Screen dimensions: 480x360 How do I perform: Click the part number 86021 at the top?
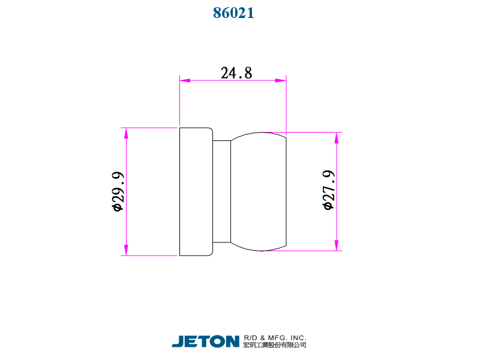click(233, 13)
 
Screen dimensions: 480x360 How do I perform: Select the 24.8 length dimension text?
click(236, 73)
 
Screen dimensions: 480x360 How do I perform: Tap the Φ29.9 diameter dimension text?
click(118, 191)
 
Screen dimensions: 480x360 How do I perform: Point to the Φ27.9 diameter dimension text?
click(329, 190)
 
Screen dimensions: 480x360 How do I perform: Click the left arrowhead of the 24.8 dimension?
click(185, 80)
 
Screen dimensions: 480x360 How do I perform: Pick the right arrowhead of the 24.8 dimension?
click(281, 80)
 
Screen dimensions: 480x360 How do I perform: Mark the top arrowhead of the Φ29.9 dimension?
click(126, 133)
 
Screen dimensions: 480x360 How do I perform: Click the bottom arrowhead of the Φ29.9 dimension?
click(126, 250)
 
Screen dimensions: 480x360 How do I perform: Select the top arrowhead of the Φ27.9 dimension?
click(337, 138)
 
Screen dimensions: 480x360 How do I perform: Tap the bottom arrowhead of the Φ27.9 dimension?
click(337, 245)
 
